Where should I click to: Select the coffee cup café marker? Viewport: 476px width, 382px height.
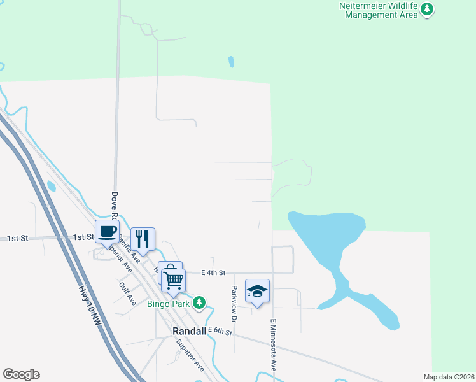click(107, 232)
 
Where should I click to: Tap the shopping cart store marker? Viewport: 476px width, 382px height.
click(173, 279)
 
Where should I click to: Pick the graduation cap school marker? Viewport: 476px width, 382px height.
click(257, 291)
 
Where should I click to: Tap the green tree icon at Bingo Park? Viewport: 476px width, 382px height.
click(200, 302)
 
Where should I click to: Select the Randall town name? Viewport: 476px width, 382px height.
click(190, 332)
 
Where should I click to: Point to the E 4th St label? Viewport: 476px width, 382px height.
click(213, 272)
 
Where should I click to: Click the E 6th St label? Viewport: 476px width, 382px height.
click(220, 331)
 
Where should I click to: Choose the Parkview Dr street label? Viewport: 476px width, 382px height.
click(234, 303)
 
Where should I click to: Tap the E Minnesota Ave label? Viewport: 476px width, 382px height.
click(274, 346)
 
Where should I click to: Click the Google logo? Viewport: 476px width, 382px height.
click(21, 374)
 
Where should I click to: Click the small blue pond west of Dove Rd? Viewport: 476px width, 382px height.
click(51, 186)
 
